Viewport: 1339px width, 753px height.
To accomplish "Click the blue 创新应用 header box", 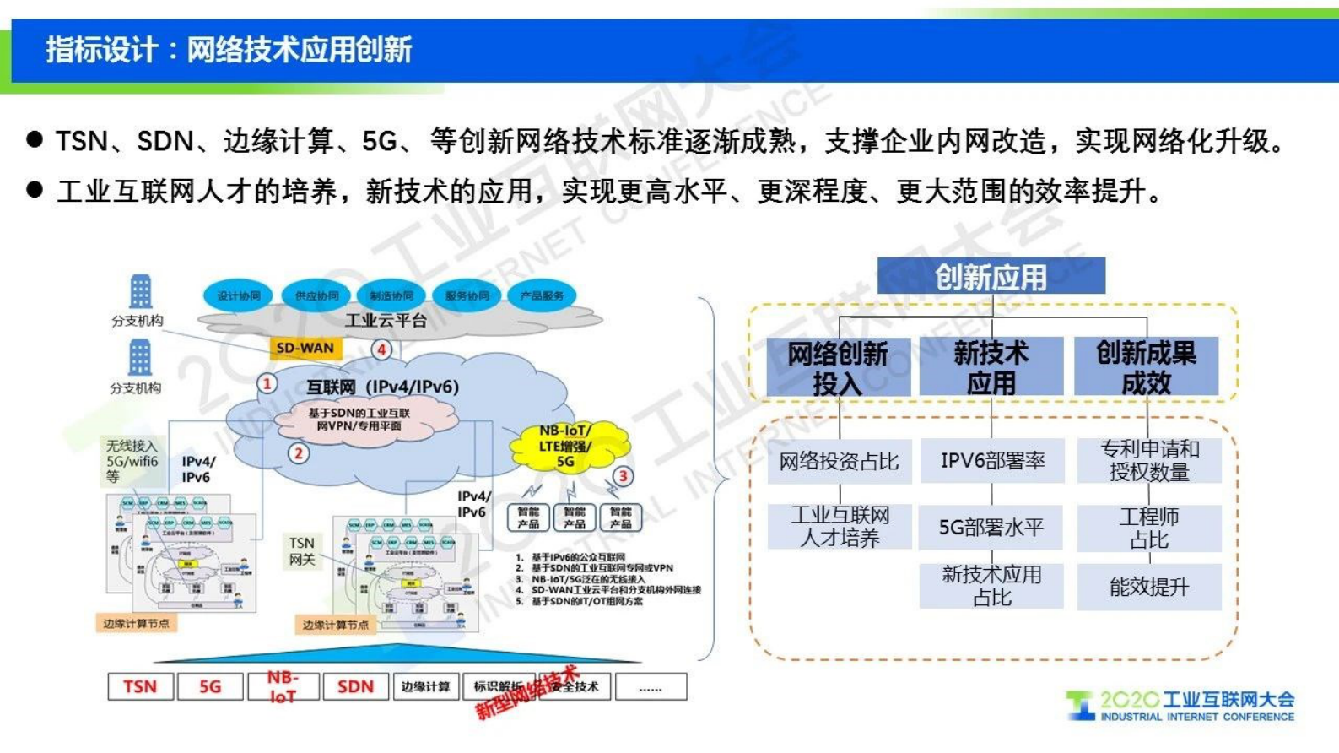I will tap(991, 276).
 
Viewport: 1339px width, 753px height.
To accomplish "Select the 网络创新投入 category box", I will tap(838, 367).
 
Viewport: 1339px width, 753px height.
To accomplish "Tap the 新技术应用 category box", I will tap(991, 367).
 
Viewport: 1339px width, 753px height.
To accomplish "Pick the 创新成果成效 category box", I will tap(1146, 367).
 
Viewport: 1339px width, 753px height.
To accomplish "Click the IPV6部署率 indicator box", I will tap(991, 461).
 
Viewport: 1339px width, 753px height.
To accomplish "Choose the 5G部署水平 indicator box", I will tap(991, 528).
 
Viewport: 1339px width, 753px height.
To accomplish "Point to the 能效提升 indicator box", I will tap(1148, 587).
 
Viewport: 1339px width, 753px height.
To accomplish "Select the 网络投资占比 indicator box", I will tap(839, 461).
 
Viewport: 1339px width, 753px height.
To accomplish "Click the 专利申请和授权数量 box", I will tap(1149, 461).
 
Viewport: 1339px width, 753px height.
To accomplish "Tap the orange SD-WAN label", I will tap(305, 348).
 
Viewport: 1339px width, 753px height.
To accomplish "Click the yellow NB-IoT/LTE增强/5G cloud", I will tap(567, 447).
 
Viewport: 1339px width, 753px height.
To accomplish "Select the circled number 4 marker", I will tap(381, 349).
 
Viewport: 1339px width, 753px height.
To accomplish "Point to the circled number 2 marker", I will tap(298, 453).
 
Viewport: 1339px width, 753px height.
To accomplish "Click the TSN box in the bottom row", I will tap(140, 686).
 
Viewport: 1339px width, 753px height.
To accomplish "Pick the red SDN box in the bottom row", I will tap(355, 686).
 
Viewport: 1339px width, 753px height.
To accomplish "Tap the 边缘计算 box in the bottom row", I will tap(425, 686).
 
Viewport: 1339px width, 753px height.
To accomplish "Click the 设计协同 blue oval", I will tap(238, 295).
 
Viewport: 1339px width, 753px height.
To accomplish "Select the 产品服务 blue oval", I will tap(542, 295).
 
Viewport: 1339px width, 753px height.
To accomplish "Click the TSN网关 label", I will tap(302, 550).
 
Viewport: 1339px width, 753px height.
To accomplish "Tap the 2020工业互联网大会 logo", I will tap(1181, 706).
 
